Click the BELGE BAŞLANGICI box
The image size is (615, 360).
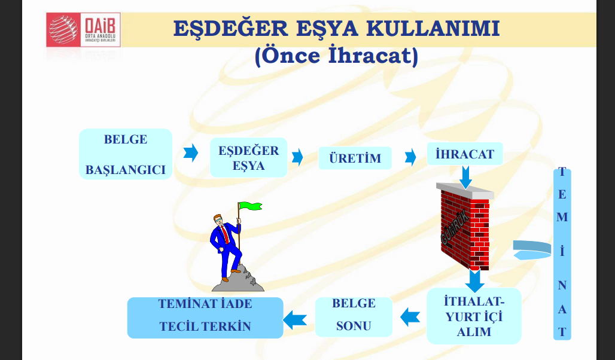coord(126,154)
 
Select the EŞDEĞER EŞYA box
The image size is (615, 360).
coord(248,157)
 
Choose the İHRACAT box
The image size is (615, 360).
coord(465,154)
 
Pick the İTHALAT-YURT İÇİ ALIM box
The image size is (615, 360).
coord(474,316)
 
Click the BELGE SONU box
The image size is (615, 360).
coord(354,315)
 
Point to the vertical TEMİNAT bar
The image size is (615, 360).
coord(562,254)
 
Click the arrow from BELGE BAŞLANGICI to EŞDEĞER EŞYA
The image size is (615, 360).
coord(191,152)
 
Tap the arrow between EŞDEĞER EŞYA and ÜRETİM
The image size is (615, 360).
coord(297,157)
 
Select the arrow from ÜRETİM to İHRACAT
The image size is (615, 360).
coord(410,157)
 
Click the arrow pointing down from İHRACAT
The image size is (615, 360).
coord(466,176)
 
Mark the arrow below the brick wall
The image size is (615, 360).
coord(476,280)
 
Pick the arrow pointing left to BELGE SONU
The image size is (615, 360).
coord(410,316)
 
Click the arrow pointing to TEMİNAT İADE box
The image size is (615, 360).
coord(295,319)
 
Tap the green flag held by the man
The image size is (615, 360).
coord(250,206)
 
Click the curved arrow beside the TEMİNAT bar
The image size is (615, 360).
coord(532,249)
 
